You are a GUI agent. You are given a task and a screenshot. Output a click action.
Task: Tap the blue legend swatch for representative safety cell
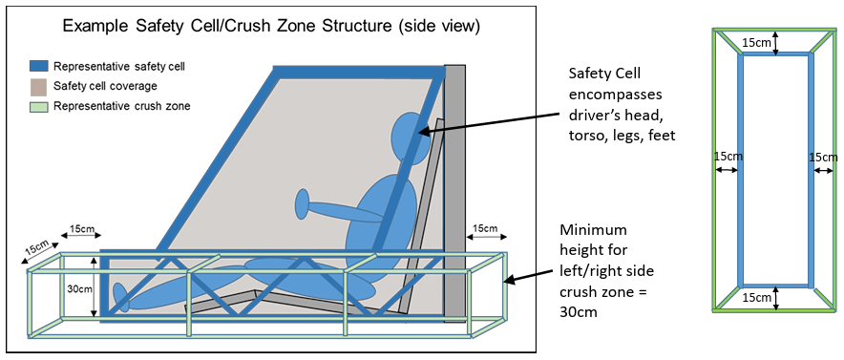39,66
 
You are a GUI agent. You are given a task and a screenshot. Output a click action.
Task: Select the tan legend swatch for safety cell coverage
39,86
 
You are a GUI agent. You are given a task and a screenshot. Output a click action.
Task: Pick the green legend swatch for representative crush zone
39,106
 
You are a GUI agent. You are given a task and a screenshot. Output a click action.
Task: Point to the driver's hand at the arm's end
303,204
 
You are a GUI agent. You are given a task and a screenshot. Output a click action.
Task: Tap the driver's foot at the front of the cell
121,298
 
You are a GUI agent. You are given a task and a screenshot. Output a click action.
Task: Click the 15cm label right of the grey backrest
485,228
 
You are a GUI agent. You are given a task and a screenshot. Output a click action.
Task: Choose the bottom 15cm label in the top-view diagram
757,297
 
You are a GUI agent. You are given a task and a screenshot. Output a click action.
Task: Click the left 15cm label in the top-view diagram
728,157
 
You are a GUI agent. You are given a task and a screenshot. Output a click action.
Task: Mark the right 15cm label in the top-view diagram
823,158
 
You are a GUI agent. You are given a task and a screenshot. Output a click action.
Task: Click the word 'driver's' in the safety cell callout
596,115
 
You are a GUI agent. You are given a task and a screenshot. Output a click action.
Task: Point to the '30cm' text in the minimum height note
578,311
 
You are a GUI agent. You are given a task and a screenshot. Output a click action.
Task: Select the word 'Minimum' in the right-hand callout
594,231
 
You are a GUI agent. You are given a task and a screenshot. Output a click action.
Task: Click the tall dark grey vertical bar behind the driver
454,194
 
